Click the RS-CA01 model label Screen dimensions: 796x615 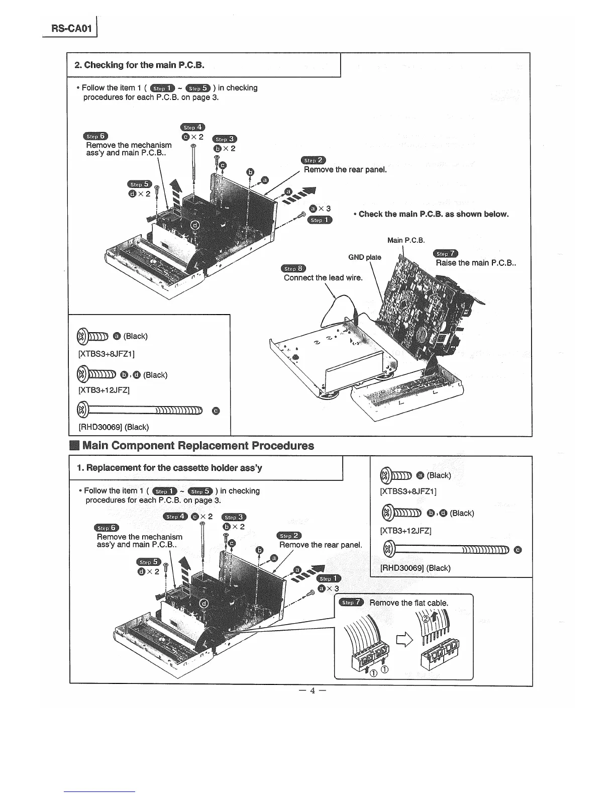click(71, 28)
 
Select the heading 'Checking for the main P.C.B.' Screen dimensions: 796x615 click(139, 65)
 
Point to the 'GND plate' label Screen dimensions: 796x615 click(365, 257)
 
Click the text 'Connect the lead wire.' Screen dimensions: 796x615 click(323, 277)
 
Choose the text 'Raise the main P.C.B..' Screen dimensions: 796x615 click(476, 263)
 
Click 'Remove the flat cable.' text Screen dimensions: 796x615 click(408, 603)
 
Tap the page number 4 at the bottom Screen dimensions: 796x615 click(312, 690)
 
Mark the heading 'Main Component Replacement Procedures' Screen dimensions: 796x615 click(198, 446)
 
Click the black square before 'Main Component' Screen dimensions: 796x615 click(74, 446)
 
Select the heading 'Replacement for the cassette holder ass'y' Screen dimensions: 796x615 click(169, 468)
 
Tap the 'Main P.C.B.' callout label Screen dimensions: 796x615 click(406, 240)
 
